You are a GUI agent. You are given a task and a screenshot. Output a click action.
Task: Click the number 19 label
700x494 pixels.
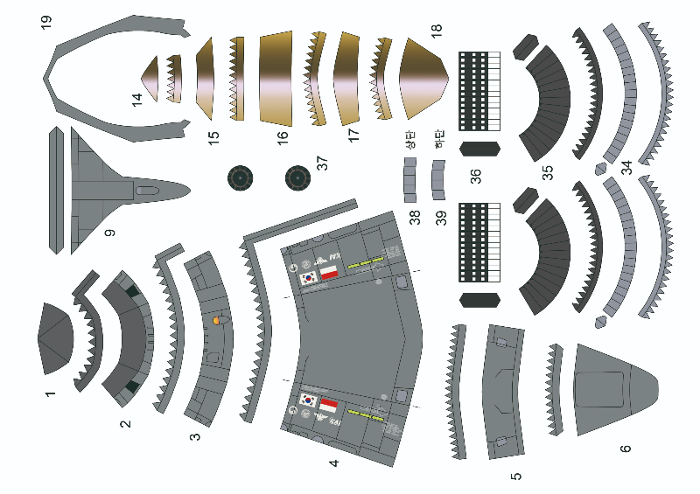[46, 22]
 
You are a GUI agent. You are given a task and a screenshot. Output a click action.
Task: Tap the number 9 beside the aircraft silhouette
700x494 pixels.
[109, 233]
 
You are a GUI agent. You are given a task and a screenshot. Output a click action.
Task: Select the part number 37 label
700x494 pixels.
[322, 163]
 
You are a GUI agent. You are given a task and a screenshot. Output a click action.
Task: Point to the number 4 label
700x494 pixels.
[333, 462]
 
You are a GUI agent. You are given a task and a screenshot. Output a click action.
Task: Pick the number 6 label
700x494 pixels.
[625, 449]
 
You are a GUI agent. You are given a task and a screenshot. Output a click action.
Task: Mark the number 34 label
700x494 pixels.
[626, 167]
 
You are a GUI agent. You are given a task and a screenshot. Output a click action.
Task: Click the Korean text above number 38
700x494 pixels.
[409, 142]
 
